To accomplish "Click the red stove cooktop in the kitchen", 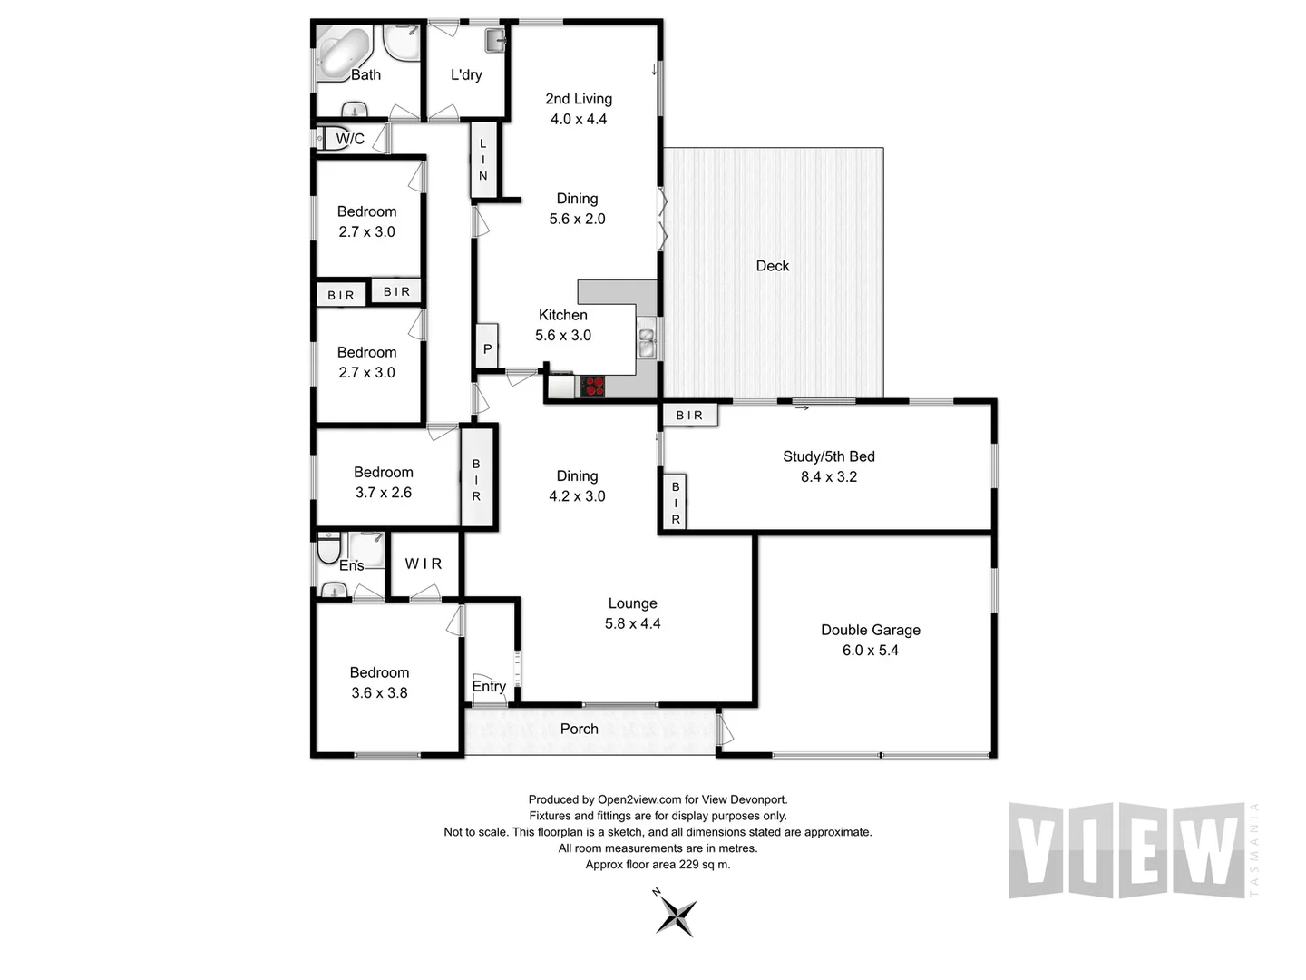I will pos(592,387).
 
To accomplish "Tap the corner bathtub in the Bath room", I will pos(344,54).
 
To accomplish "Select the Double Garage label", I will pos(870,630).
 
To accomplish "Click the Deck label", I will pos(772,266).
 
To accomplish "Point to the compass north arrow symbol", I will pos(676,914).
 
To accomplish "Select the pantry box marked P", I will pos(487,348).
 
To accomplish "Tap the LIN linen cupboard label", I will pos(483,160).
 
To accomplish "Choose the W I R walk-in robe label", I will pos(423,563).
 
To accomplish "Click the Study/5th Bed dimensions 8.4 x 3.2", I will pos(828,477).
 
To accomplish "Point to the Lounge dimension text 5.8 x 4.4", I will pos(632,624).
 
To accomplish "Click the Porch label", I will pos(579,729).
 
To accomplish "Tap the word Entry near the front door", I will pos(489,687).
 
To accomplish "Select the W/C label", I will pos(350,139).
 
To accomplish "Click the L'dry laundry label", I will pos(466,75).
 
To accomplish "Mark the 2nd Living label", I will pos(579,99).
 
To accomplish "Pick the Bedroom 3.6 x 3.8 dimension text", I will pos(379,693).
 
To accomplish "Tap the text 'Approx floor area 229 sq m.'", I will pos(658,865).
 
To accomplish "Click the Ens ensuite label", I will pos(351,566).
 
